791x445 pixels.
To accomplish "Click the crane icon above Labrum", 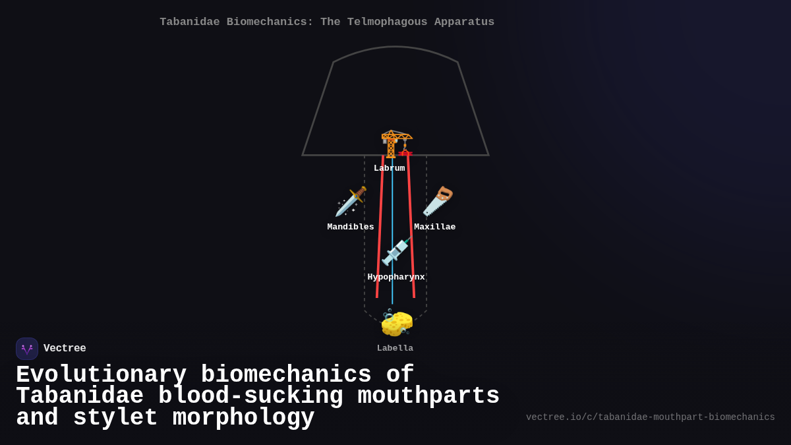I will tap(396, 144).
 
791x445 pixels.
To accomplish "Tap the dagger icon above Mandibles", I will tap(351, 201).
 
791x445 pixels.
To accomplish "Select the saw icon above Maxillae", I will tap(438, 201).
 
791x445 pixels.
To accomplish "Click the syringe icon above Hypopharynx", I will tap(396, 251).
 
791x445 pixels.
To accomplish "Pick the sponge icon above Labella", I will tap(396, 322).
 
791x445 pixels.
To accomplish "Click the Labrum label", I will tap(390, 168).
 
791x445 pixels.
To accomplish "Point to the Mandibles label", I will tap(351, 227).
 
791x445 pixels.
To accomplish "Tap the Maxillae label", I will tap(435, 227).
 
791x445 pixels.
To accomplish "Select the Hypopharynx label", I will tap(396, 277).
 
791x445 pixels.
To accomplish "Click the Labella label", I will tap(395, 348).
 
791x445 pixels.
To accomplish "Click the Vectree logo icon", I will tap(27, 349).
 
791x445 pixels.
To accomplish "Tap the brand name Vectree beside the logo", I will tap(65, 349).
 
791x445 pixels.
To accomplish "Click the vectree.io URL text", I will tap(650, 417).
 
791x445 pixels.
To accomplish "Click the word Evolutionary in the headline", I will tap(102, 374).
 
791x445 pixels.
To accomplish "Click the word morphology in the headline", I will tap(244, 418).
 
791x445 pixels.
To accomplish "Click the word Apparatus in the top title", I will tap(465, 22).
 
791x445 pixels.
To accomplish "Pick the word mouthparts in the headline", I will tap(428, 396).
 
